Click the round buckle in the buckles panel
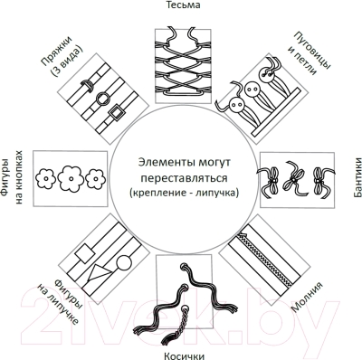pyautogui.click(x=102, y=98)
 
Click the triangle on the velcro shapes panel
pyautogui.click(x=99, y=271)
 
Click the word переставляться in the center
pyautogui.click(x=184, y=177)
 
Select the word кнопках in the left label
pyautogui.click(x=19, y=190)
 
